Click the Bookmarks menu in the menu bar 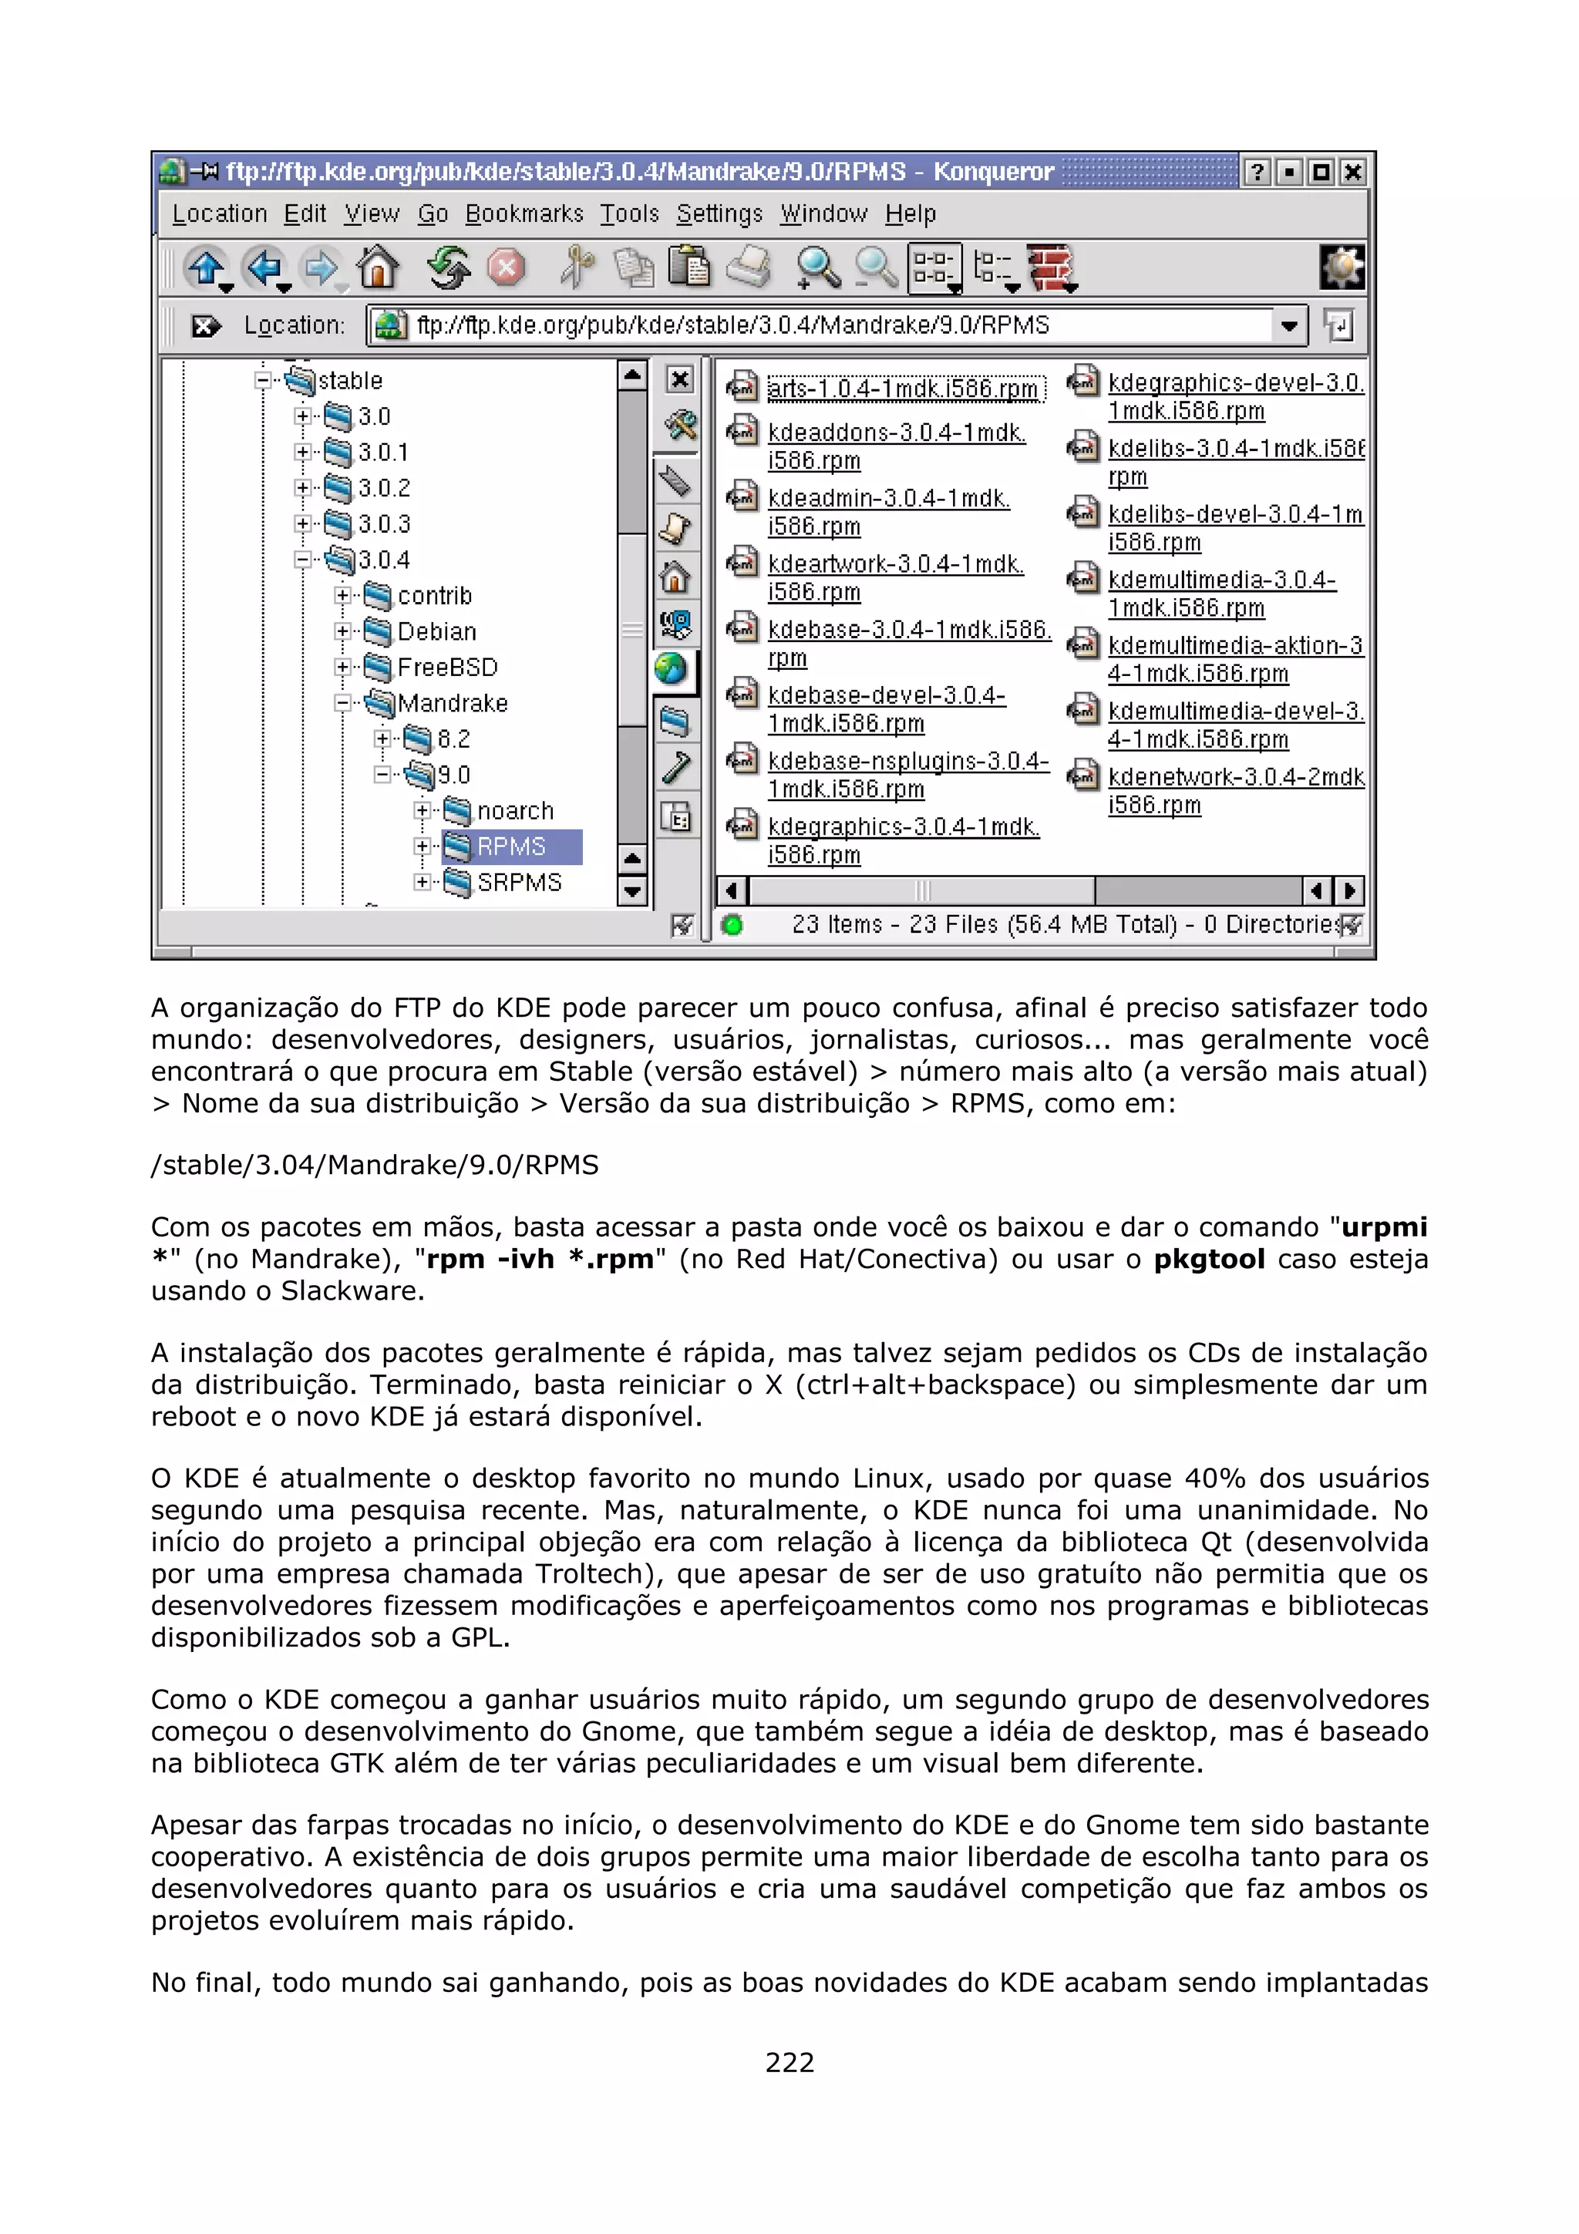(x=524, y=213)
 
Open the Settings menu (x=719, y=213)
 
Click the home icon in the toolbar (x=378, y=267)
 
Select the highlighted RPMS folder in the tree (x=510, y=846)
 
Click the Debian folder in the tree (x=436, y=631)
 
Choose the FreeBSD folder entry (x=446, y=668)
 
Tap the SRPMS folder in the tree (x=519, y=883)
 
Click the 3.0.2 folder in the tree (x=383, y=487)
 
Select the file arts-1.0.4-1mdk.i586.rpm (x=902, y=389)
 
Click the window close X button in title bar (x=1352, y=172)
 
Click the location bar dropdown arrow (x=1289, y=326)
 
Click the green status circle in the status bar (x=732, y=924)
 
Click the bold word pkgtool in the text (x=1208, y=1259)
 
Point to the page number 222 (x=789, y=2062)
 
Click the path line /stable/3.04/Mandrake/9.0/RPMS (x=375, y=1165)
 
